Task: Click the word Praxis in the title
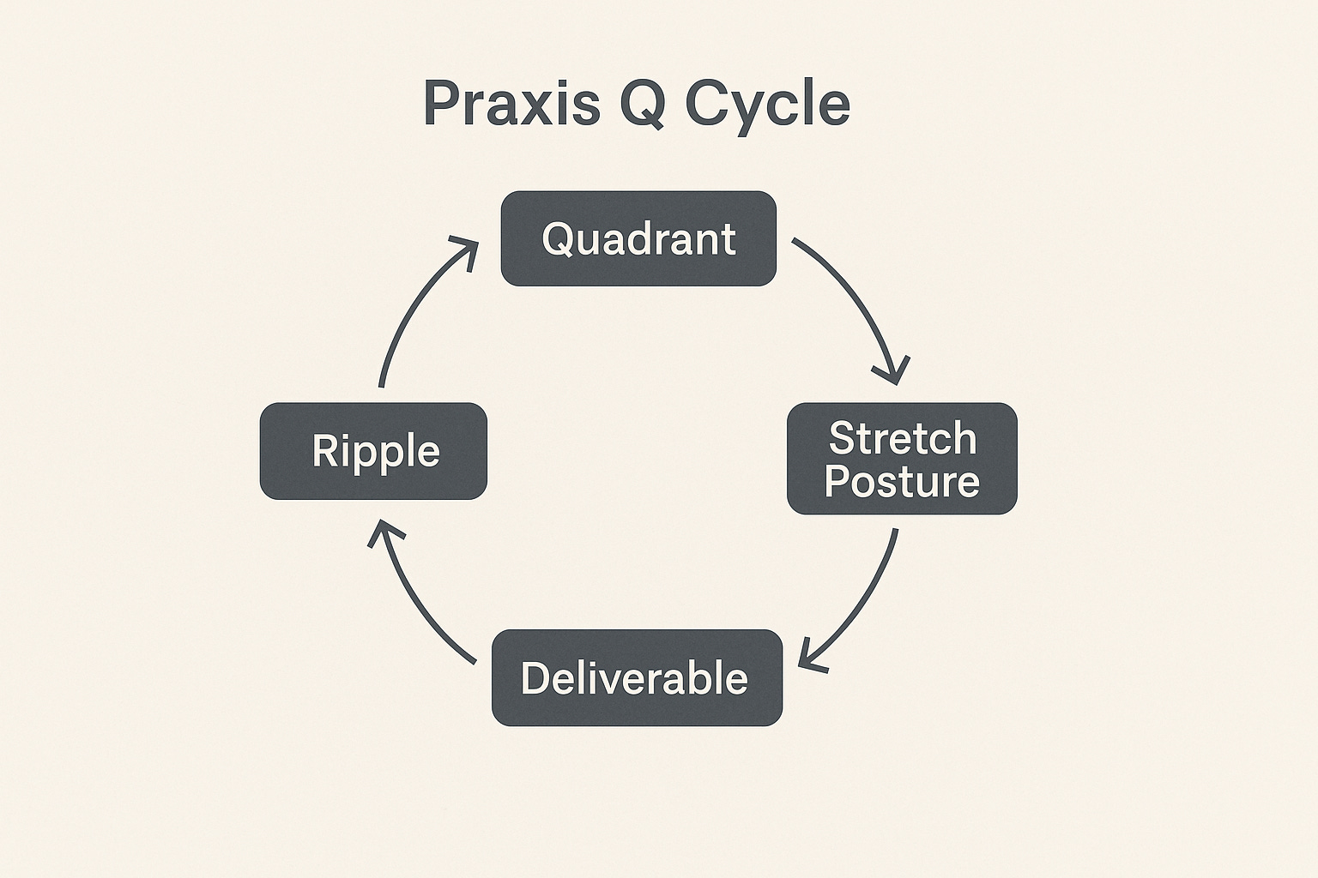[x=511, y=104]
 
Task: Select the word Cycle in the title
[x=768, y=105]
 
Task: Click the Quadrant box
[x=638, y=238]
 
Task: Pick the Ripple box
[x=373, y=451]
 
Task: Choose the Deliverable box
[x=636, y=677]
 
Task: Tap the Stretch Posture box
[x=902, y=459]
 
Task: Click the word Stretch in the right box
[x=903, y=439]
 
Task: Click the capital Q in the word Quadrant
[x=558, y=238]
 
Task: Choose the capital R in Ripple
[x=324, y=450]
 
